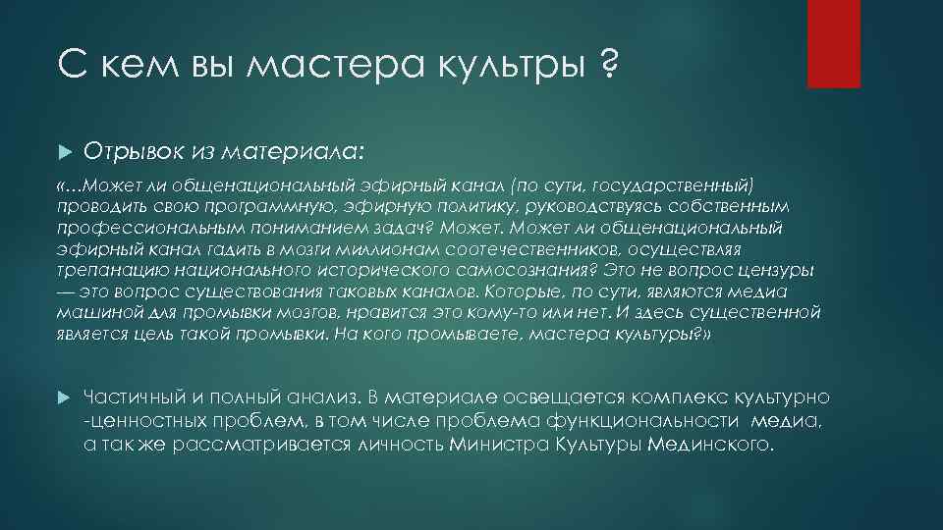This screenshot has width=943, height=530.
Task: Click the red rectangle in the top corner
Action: click(833, 44)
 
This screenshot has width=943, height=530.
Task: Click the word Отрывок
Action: click(128, 151)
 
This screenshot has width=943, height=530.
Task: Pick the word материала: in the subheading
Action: click(295, 152)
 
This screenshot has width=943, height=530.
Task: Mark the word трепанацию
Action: click(109, 271)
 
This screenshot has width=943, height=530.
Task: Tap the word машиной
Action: click(94, 313)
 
